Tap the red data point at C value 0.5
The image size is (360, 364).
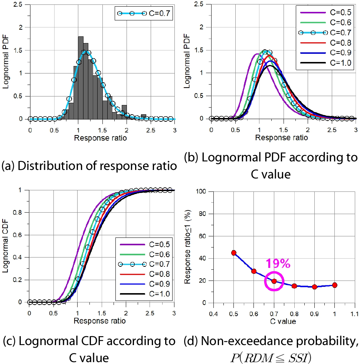(x=234, y=253)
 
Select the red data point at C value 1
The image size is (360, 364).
(x=335, y=285)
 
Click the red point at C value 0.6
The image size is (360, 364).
(x=254, y=271)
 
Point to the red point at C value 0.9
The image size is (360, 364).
(x=315, y=287)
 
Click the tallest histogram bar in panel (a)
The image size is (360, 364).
(x=81, y=78)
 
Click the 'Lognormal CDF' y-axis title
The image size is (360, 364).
(x=6, y=246)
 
